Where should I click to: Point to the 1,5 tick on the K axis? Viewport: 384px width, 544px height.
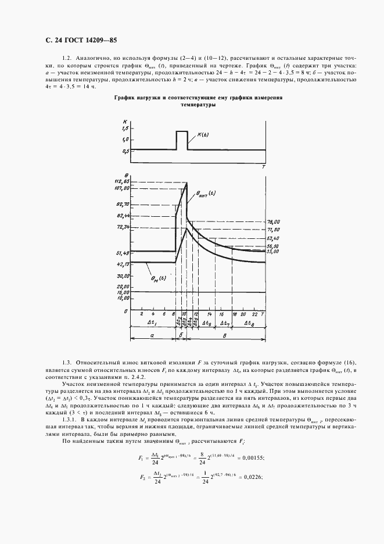coord(124,128)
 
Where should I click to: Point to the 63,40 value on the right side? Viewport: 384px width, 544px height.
coord(273,238)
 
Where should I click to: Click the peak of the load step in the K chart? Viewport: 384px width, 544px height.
coord(182,131)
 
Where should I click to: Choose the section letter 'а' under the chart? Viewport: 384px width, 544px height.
coord(152,335)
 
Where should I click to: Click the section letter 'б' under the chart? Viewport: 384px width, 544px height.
coord(181,335)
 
